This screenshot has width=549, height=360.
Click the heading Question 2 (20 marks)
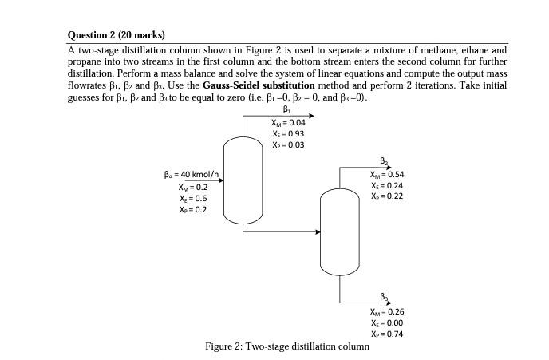coord(117,35)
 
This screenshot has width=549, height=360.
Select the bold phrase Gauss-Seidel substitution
coord(259,85)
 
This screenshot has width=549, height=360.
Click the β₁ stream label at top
coord(287,110)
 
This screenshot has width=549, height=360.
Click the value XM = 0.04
coord(288,123)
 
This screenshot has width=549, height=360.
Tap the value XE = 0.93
coord(288,134)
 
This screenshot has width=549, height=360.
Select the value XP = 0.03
coord(288,145)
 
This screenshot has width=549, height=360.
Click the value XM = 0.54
coord(387,174)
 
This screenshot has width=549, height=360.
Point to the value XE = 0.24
coord(387,185)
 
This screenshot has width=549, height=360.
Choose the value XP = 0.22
coord(387,196)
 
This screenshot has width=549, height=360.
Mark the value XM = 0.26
coord(387,312)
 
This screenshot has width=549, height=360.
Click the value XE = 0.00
coord(387,323)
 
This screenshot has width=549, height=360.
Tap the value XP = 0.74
coord(387,334)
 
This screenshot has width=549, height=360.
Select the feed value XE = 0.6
coord(193,198)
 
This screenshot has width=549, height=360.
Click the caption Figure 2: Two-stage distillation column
coord(287,346)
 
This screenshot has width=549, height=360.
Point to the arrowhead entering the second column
coord(318,232)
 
